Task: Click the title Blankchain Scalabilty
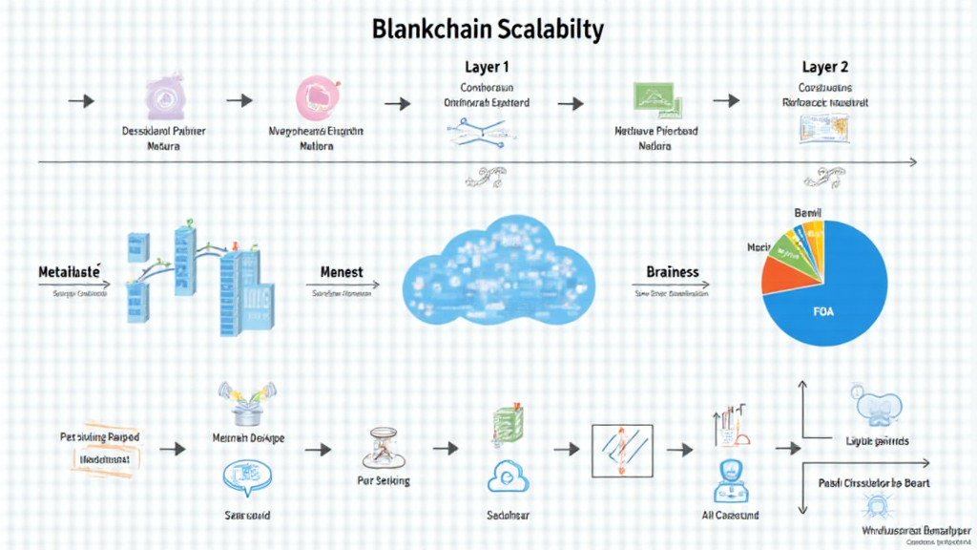488,30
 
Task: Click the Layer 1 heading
488,68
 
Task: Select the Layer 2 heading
825,68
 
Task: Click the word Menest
340,272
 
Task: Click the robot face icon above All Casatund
729,476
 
